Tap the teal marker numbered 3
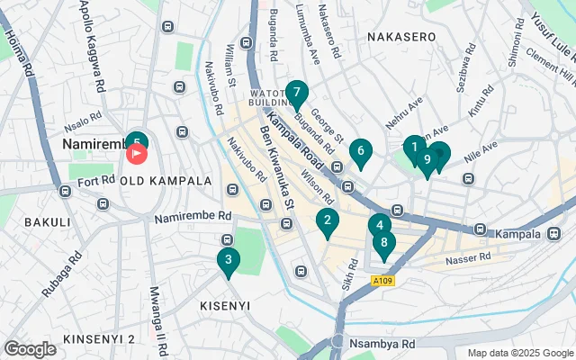229,261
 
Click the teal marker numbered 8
384,242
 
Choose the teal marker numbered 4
380,226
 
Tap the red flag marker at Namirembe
137,154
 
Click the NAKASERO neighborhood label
401,37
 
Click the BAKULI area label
47,221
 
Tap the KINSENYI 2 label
98,338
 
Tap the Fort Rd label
96,183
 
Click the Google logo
30,348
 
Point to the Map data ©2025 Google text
519,353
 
